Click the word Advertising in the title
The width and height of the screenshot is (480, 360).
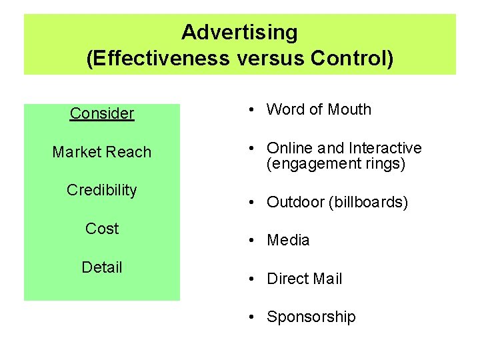pos(239,32)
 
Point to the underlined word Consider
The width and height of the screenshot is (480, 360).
pos(102,113)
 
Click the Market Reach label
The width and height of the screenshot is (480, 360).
pos(102,152)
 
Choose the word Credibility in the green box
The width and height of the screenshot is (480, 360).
pos(102,190)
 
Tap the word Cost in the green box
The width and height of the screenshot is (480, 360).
pos(102,229)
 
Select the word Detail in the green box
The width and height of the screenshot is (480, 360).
pos(102,267)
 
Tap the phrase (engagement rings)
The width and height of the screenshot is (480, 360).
pos(336,163)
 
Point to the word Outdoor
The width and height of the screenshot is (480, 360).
pos(295,202)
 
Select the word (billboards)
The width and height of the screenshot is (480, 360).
pos(369,202)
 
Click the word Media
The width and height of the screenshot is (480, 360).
pos(288,240)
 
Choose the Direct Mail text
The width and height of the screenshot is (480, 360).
pos(304,279)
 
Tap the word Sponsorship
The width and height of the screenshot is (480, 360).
pos(311,317)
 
